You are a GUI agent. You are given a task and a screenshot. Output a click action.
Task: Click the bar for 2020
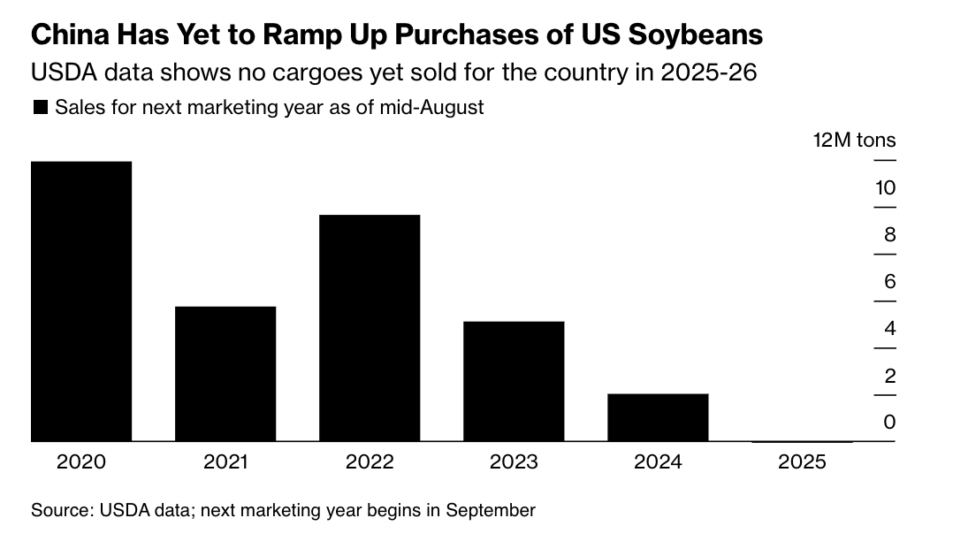click(81, 301)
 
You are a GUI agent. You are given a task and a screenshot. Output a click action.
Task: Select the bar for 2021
click(225, 373)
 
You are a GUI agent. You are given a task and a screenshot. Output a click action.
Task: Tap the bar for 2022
click(370, 327)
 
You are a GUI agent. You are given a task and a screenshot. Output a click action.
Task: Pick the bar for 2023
click(514, 381)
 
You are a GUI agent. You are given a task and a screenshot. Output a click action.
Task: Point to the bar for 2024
click(658, 417)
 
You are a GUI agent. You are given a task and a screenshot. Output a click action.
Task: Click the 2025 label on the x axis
click(802, 462)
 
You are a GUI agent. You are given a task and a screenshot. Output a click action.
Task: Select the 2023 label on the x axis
click(514, 462)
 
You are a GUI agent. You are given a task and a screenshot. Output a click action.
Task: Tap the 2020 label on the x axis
click(81, 462)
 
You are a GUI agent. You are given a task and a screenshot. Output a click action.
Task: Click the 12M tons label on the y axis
click(854, 140)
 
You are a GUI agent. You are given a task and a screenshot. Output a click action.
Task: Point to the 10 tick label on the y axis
click(885, 187)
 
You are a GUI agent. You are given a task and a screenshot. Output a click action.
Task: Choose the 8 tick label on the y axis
click(889, 234)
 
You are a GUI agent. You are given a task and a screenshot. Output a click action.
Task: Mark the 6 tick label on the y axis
click(889, 281)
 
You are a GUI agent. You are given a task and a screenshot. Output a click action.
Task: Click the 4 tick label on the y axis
click(889, 328)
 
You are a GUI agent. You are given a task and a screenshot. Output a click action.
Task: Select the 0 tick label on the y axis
click(889, 422)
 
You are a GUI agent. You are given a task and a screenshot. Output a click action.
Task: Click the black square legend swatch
click(40, 108)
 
